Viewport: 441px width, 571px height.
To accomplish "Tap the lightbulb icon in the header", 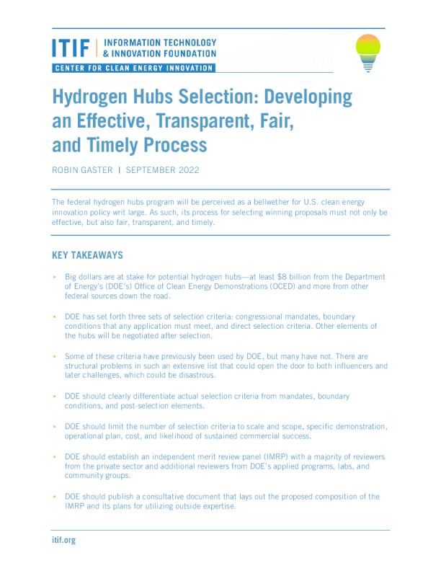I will click(368, 53).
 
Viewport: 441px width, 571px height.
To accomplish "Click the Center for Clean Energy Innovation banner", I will click(133, 68).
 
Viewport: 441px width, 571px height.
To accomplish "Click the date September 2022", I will click(164, 172).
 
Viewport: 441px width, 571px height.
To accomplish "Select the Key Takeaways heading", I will click(87, 255).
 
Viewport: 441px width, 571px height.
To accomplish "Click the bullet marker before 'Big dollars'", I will click(54, 277).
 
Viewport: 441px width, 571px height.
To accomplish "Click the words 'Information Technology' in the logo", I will click(159, 43).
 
